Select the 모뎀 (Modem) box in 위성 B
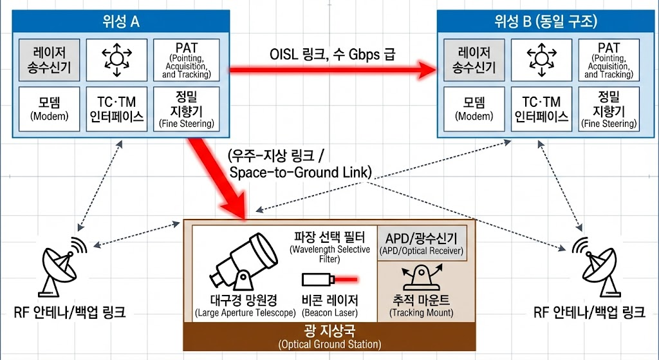click(x=474, y=108)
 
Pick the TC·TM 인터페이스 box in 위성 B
click(x=541, y=108)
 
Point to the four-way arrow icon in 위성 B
click(x=541, y=60)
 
